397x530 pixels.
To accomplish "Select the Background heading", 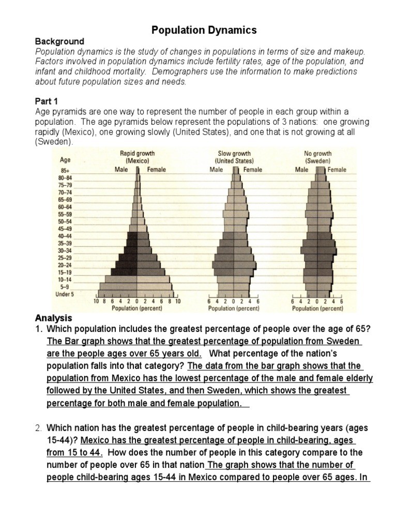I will tap(59, 41).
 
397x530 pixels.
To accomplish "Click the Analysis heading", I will tap(54, 318).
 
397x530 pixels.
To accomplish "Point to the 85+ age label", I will tap(66, 170).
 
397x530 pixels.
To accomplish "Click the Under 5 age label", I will tap(65, 294).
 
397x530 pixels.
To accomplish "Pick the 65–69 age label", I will tap(66, 199).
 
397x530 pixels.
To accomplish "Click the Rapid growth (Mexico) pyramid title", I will tap(137, 157).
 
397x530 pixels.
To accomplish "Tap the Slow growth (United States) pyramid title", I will tap(235, 157).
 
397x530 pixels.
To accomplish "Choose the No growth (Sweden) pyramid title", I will tap(318, 157).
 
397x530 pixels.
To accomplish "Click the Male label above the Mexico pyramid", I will tap(120, 169).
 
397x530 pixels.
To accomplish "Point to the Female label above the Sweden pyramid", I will tap(337, 169).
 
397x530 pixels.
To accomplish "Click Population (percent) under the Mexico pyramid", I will tap(137, 308).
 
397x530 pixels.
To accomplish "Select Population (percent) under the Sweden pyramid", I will tap(318, 308).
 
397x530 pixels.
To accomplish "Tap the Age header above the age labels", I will tap(66, 160).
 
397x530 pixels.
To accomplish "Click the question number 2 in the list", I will tap(38, 428).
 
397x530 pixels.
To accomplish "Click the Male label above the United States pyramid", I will tap(216, 169).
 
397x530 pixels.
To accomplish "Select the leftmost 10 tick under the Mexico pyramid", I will tap(97, 301).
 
